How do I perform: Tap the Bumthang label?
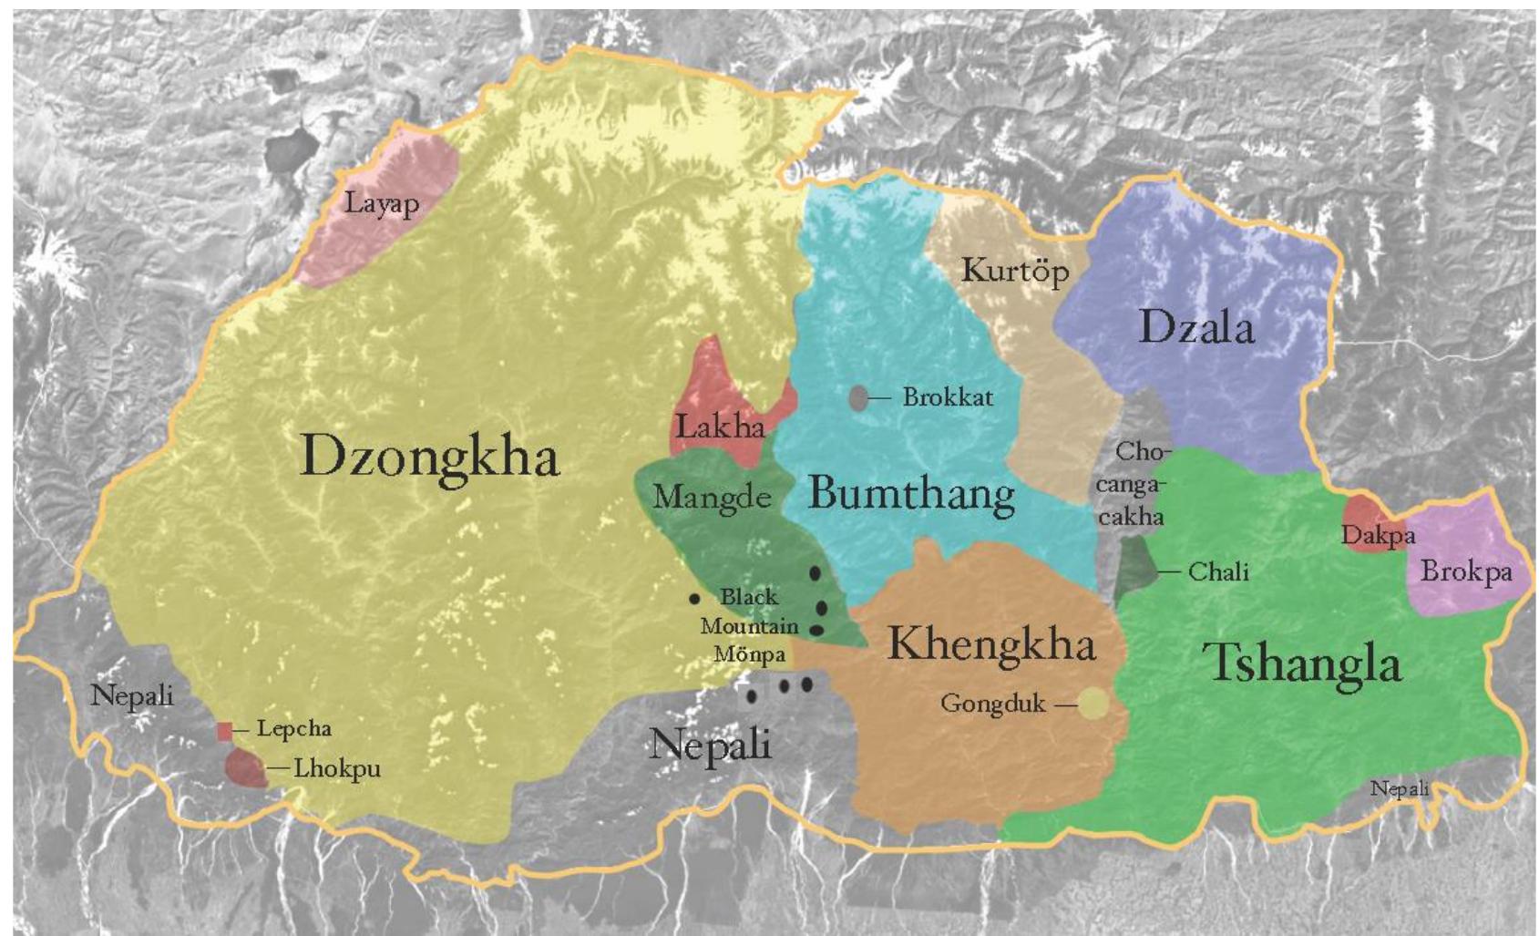pyautogui.click(x=911, y=493)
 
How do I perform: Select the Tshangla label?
pyautogui.click(x=1302, y=662)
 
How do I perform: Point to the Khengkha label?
pyautogui.click(x=990, y=643)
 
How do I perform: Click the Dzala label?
pyautogui.click(x=1196, y=327)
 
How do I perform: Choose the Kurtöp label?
pyautogui.click(x=1015, y=271)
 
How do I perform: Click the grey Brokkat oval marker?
pyautogui.click(x=858, y=397)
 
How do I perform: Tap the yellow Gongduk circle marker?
pyautogui.click(x=1093, y=704)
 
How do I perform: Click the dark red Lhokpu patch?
pyautogui.click(x=244, y=768)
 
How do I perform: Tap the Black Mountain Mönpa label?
pyautogui.click(x=749, y=625)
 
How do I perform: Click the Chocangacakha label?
pyautogui.click(x=1130, y=484)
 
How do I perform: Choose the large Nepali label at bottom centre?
pyautogui.click(x=710, y=745)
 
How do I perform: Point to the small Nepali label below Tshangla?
pyautogui.click(x=1400, y=788)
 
